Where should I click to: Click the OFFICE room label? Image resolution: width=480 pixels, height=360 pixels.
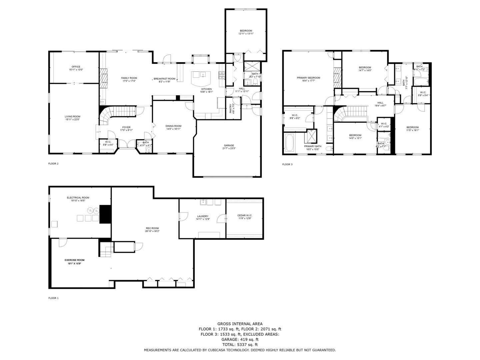tap(76, 67)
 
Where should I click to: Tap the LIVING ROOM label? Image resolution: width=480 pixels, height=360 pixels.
tap(72, 117)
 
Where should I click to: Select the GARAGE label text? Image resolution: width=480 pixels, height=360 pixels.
tap(229, 145)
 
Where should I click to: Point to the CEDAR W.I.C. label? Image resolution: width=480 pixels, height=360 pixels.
tap(245, 215)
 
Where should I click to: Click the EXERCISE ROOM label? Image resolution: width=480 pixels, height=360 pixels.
tap(74, 260)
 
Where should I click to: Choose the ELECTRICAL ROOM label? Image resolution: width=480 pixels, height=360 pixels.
tap(78, 198)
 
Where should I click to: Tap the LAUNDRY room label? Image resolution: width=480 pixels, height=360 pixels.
tap(202, 216)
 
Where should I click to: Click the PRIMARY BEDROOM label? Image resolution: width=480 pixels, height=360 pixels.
tap(308, 78)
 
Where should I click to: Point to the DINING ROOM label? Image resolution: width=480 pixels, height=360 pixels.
tap(173, 126)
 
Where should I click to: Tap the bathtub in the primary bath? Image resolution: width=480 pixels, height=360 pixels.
tap(289, 143)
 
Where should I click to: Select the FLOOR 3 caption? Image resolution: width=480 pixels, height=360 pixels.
tap(287, 164)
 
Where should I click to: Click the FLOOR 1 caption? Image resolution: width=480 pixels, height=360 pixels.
tap(53, 298)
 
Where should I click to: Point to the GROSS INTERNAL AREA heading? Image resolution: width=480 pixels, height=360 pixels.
tap(240, 324)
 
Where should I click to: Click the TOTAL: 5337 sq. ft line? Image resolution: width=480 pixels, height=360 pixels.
tap(240, 345)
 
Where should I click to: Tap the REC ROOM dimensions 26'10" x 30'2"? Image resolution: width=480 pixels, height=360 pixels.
tap(152, 231)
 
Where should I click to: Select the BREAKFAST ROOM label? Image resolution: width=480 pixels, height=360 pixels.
tap(164, 79)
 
